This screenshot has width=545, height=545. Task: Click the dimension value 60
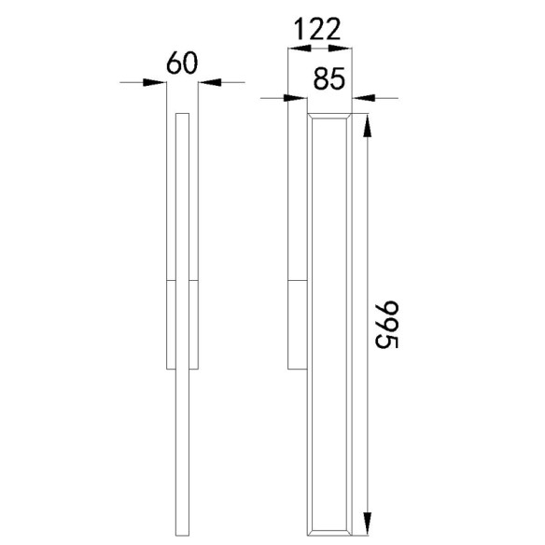183,63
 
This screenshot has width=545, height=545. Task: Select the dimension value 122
316,30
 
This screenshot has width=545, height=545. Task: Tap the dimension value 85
329,78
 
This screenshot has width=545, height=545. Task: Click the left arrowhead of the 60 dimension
156,82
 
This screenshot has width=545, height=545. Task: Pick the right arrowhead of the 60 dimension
209,82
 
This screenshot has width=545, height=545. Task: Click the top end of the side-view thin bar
182,115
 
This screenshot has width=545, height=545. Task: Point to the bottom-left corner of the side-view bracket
166,367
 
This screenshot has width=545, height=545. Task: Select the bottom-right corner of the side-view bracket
197,367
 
